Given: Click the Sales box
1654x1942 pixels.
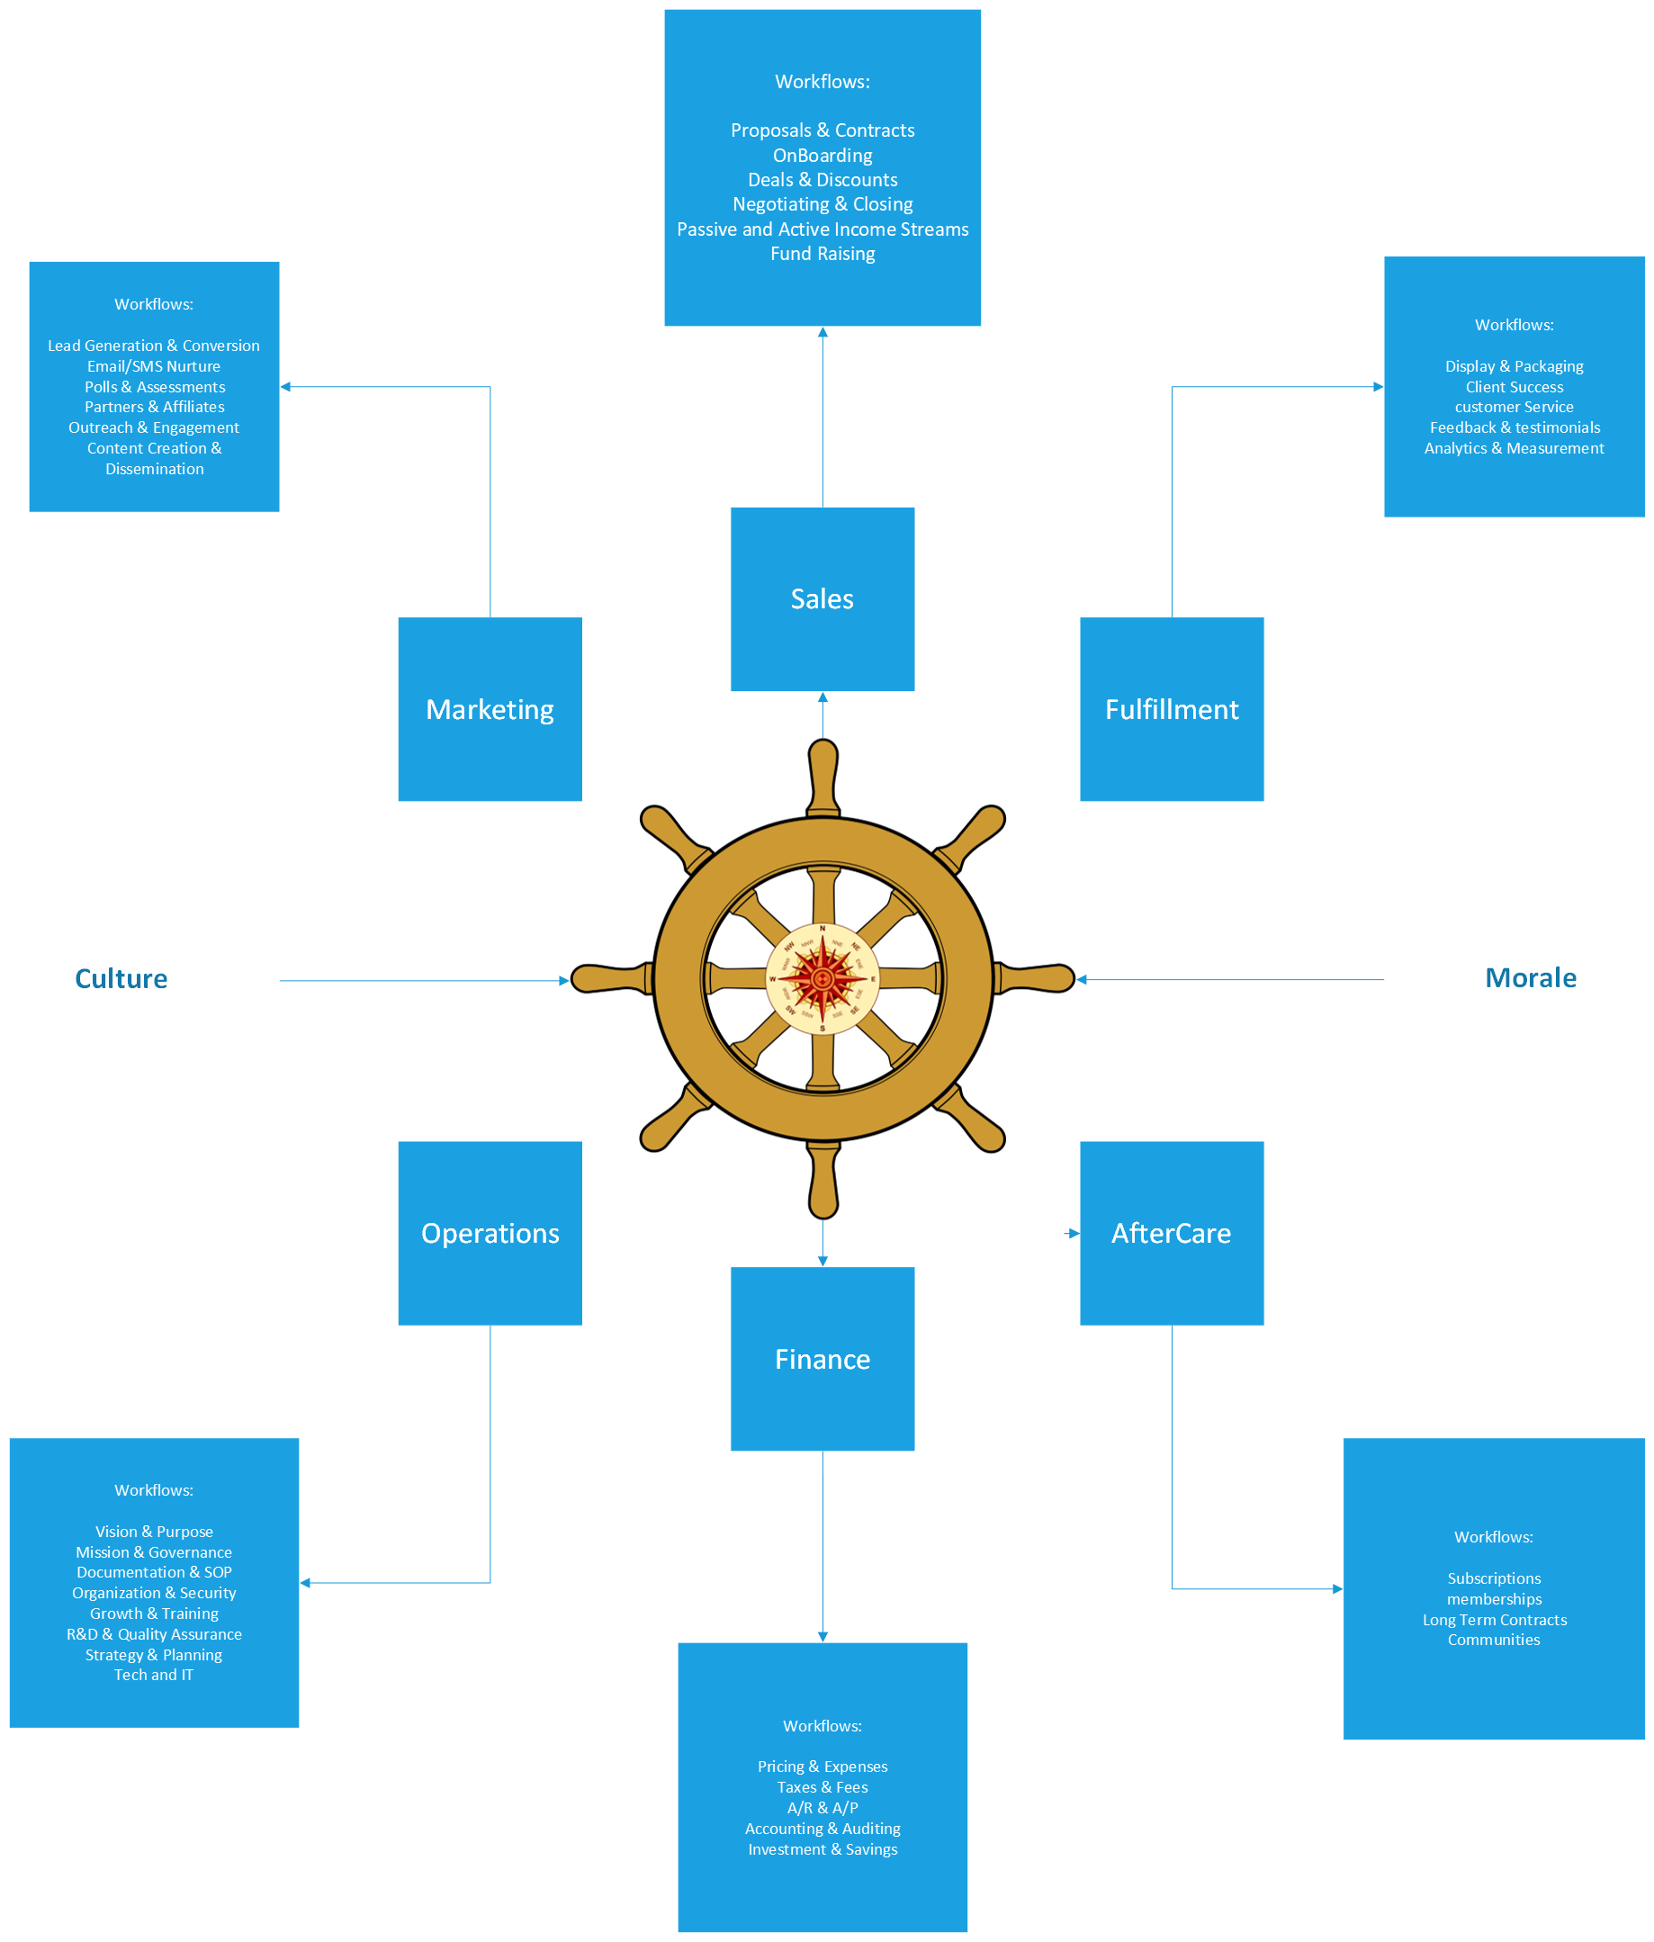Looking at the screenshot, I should point(822,599).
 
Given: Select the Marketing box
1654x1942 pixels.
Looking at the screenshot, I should point(490,708).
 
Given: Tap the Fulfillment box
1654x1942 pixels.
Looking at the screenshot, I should point(1171,708).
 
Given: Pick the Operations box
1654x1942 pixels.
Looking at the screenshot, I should point(490,1233).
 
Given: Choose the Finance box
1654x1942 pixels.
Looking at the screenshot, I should point(822,1358).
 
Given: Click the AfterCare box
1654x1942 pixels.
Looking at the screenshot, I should point(1171,1233).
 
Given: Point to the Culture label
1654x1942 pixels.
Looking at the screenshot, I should point(121,978).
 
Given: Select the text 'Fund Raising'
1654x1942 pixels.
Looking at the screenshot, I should point(822,254).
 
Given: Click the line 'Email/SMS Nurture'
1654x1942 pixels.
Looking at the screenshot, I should point(154,366).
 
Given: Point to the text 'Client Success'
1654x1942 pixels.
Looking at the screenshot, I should point(1514,387).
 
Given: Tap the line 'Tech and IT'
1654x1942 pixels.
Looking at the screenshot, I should point(154,1675).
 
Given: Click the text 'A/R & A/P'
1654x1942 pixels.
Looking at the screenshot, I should point(822,1808).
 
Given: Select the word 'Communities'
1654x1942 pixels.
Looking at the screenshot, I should point(1493,1640).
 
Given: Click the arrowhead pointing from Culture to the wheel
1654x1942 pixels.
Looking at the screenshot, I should point(564,980).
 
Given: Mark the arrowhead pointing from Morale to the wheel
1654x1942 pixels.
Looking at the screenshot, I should point(1082,979).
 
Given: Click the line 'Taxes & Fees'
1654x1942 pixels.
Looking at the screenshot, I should point(822,1787).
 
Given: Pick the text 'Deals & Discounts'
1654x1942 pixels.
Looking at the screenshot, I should point(822,180).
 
